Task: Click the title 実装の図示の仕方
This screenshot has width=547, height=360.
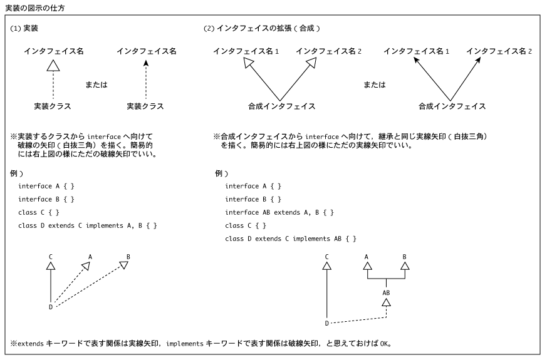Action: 35,8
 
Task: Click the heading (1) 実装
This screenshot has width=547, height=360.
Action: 24,29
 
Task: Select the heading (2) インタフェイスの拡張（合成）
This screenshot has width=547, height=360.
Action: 262,29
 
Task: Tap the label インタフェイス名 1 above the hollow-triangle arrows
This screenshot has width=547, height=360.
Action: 246,51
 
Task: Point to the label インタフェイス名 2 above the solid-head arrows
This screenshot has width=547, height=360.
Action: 499,51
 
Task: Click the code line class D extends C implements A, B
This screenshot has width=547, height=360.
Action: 88,226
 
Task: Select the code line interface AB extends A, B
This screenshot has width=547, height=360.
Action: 279,213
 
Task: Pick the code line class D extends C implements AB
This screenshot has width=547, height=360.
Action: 291,239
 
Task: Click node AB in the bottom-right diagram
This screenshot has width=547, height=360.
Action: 386,293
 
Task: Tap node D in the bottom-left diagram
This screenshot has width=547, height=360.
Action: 51,307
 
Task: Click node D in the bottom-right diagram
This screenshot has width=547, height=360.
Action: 327,324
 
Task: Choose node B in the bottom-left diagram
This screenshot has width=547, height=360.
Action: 128,257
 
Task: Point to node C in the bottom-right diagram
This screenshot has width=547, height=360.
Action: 327,257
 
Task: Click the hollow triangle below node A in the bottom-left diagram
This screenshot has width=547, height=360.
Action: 86,266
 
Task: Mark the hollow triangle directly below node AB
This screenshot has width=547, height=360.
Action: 386,302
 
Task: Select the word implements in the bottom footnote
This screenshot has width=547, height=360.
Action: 185,344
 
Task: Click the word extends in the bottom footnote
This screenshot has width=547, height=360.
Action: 31,344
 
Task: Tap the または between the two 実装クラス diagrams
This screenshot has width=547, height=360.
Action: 96,85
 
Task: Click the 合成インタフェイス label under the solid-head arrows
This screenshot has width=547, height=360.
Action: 452,106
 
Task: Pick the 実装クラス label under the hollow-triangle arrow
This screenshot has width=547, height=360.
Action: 53,106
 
